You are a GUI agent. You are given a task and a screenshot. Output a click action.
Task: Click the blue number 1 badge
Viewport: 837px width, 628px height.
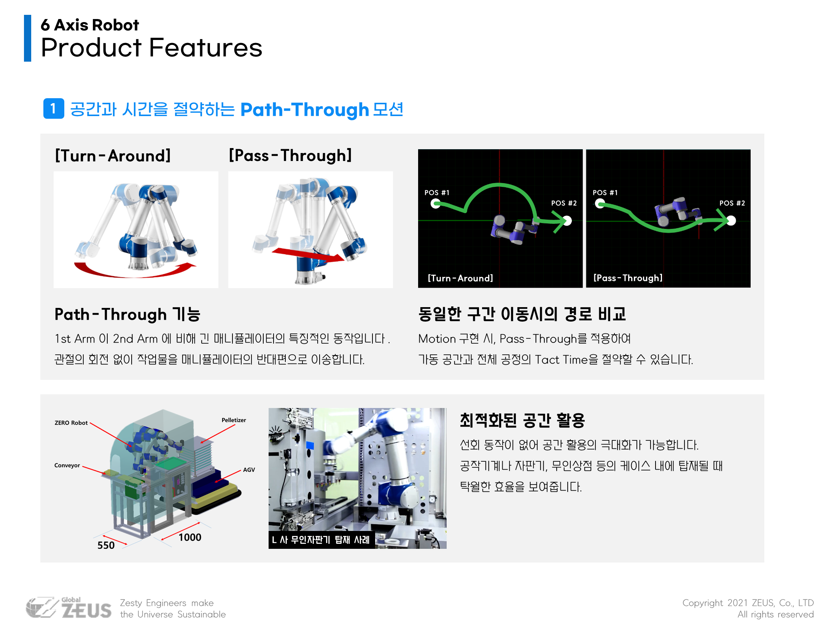point(54,108)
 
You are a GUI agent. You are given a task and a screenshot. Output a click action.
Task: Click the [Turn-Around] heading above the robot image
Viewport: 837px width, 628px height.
point(113,156)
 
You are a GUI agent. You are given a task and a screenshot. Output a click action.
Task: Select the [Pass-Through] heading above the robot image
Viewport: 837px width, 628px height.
point(290,155)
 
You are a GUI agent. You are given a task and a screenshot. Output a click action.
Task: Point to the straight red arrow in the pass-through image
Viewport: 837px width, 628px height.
point(308,255)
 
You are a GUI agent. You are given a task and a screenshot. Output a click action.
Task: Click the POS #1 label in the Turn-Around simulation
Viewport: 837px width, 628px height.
point(437,193)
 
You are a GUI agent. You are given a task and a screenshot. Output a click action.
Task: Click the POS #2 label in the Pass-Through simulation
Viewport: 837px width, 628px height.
point(732,203)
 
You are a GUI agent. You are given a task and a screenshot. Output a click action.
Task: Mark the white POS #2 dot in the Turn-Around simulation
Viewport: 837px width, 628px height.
point(567,221)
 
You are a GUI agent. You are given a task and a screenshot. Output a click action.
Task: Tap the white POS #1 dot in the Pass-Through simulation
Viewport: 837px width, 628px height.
point(600,204)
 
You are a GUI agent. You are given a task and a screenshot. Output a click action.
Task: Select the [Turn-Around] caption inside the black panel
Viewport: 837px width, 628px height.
point(460,278)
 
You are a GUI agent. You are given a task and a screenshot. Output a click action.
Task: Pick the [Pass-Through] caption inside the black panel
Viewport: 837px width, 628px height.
point(628,278)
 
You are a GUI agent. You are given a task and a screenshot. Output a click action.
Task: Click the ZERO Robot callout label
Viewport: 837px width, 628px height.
point(71,423)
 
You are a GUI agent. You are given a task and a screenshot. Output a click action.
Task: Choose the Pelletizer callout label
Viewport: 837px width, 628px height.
point(234,420)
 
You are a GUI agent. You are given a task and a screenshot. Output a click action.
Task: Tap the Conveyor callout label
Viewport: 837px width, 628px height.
point(67,465)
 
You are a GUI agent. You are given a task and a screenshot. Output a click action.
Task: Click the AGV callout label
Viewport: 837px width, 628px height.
point(249,470)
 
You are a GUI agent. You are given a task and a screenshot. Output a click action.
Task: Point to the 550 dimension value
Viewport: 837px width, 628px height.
point(106,545)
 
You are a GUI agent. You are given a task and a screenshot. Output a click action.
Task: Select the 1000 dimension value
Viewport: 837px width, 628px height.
point(190,537)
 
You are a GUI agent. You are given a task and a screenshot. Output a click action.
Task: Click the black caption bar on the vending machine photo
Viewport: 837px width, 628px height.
point(322,540)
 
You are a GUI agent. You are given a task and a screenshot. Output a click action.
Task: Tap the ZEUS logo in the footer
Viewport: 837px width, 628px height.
point(69,608)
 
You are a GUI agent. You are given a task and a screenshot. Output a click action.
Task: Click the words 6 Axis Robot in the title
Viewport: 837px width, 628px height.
point(90,25)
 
